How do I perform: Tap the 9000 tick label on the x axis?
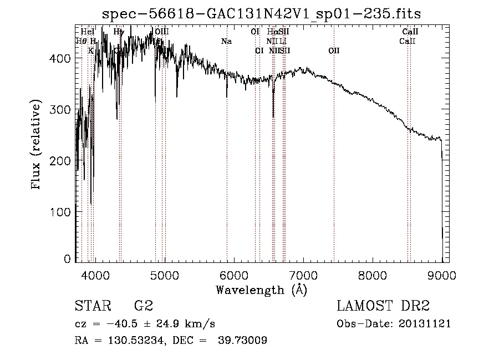442,276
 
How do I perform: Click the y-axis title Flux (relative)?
37,145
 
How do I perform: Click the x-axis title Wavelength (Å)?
261,290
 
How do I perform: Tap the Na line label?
226,41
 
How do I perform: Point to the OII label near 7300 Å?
334,50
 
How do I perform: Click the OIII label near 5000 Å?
161,32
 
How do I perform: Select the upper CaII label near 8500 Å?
410,32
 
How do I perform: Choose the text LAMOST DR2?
383,306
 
